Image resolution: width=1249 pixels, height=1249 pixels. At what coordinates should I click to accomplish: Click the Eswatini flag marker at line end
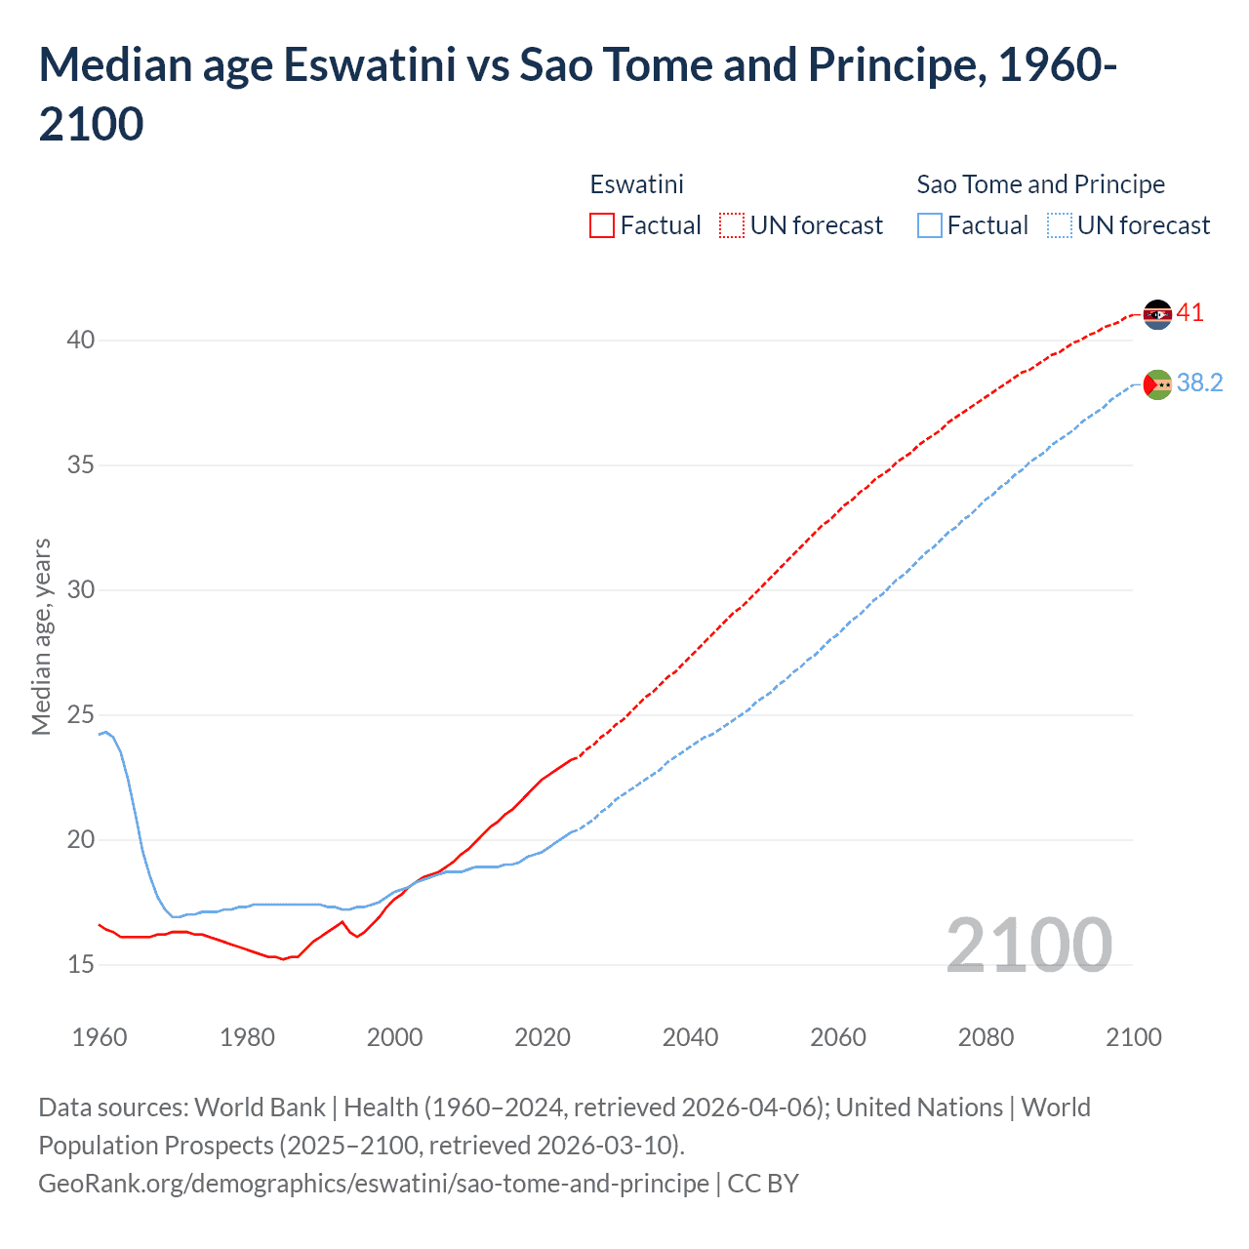[1157, 314]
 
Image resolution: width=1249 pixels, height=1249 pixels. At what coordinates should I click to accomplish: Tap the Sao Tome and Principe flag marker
[1157, 384]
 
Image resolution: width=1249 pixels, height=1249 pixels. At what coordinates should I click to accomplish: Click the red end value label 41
[1190, 313]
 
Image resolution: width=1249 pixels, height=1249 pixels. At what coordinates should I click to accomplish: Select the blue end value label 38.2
[1199, 383]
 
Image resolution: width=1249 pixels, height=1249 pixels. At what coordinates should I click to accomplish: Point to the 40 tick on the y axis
[81, 341]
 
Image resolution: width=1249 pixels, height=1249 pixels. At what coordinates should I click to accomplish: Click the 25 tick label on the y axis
[81, 715]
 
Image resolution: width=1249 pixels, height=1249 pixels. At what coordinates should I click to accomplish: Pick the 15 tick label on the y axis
[81, 965]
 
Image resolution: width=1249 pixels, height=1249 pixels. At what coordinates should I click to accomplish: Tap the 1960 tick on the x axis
[100, 1037]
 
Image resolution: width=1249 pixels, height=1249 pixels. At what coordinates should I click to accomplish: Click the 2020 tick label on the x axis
[543, 1037]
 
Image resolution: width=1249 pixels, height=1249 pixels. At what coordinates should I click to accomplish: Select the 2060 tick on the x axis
[838, 1037]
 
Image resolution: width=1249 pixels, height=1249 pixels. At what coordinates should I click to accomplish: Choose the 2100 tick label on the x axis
[1134, 1037]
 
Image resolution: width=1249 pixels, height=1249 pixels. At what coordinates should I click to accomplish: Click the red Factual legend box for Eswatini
[602, 225]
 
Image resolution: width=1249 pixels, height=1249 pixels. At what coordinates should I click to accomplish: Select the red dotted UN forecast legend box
[732, 225]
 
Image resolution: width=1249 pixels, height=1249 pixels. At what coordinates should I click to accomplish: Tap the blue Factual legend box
[930, 225]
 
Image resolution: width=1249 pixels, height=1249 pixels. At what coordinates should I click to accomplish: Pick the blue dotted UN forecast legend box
[1060, 225]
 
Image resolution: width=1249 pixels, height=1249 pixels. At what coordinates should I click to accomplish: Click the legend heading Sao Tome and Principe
[1040, 184]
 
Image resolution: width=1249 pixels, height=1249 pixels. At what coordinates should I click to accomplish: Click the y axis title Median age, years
[42, 636]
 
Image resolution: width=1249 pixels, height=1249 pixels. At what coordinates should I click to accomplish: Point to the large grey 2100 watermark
[1028, 945]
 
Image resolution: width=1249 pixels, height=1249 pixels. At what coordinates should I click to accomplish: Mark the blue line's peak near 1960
[106, 732]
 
